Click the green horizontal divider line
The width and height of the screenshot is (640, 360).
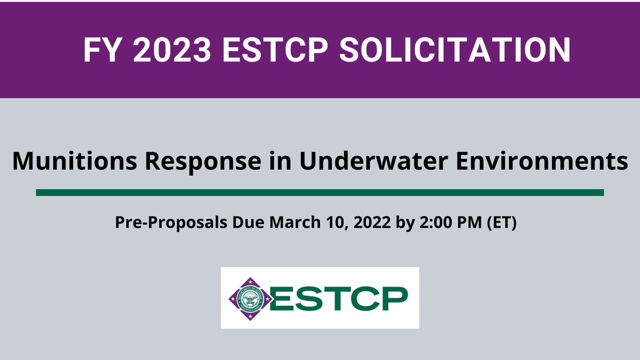(x=320, y=193)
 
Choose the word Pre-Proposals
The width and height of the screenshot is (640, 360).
(x=169, y=222)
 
